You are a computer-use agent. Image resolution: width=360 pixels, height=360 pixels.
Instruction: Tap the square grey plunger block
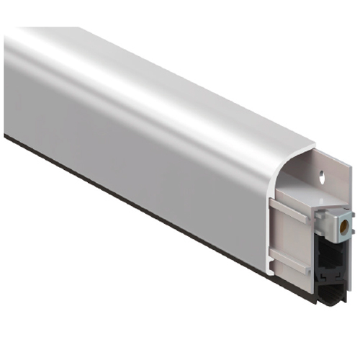(x=333, y=220)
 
